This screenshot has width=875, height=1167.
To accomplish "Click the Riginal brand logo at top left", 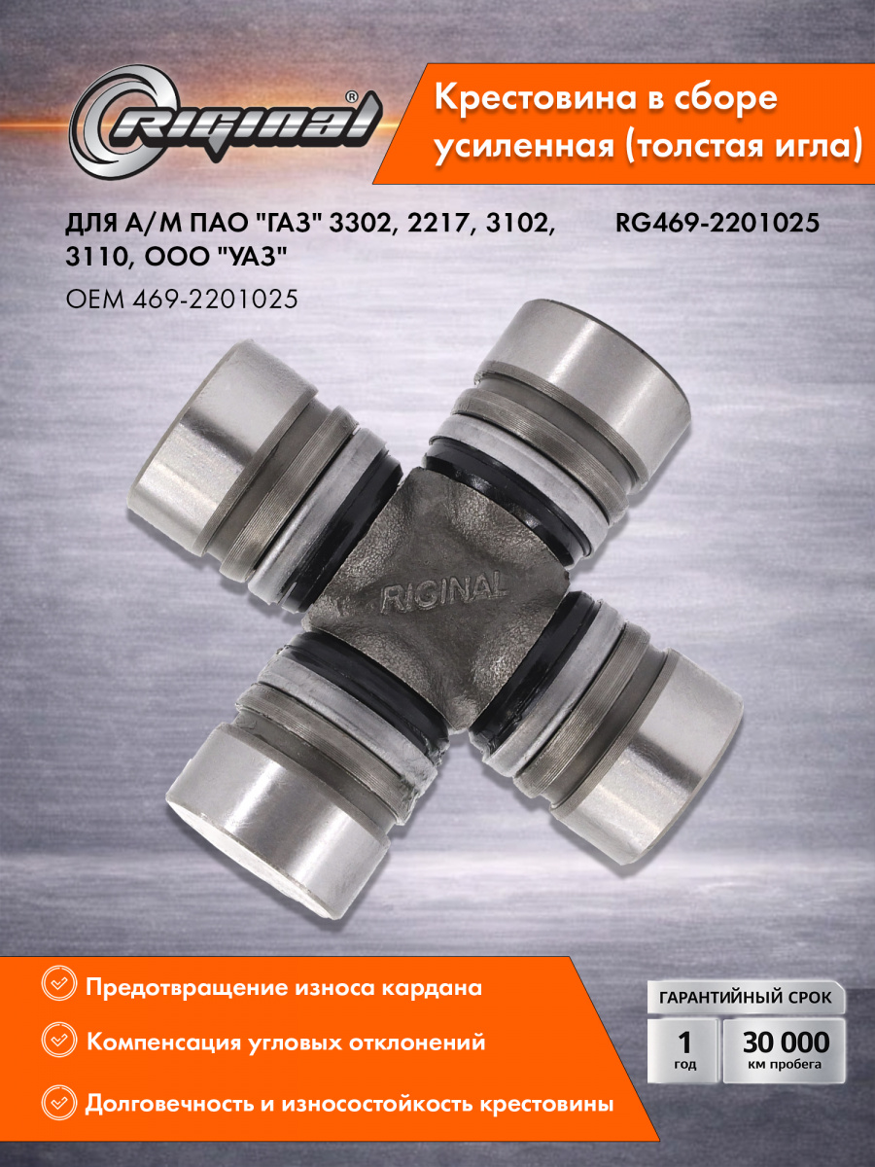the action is (x=226, y=123).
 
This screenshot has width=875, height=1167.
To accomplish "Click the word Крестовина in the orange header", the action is (x=535, y=98).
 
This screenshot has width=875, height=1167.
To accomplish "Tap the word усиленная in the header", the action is (x=524, y=146).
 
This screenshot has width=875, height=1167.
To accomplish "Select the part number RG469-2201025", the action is (x=717, y=224).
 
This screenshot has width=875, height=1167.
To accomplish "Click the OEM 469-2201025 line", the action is (x=182, y=300).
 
